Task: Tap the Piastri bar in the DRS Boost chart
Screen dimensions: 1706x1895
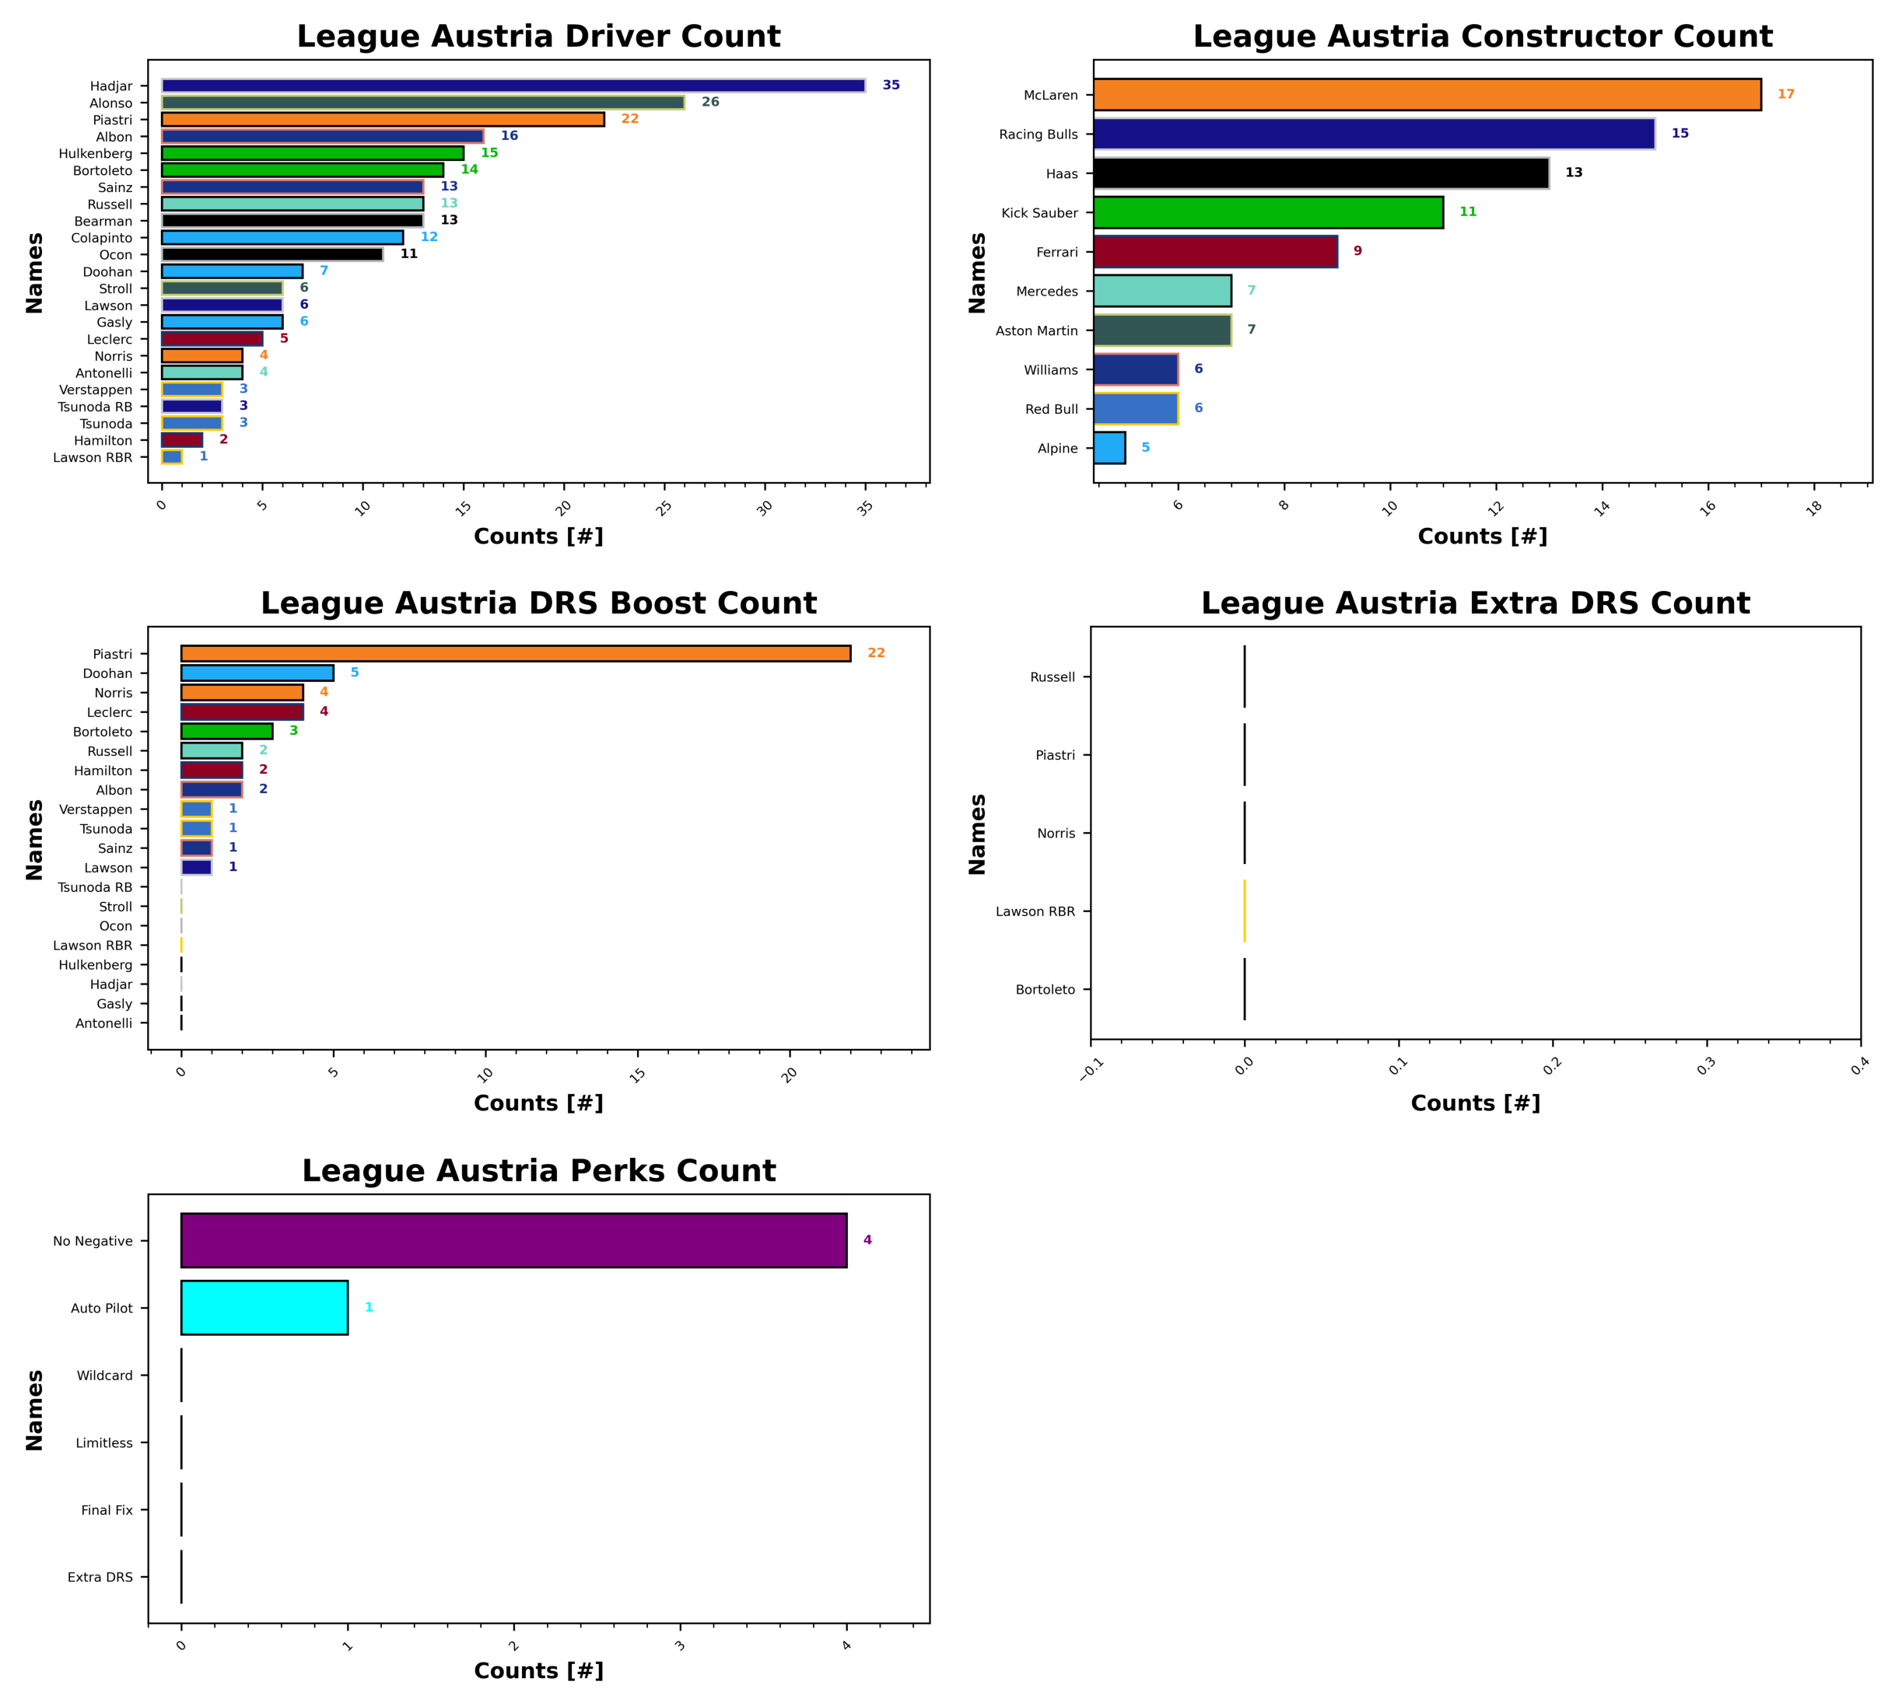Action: [516, 653]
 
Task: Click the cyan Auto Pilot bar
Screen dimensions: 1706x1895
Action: [264, 1308]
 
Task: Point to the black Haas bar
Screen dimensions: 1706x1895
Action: [1320, 173]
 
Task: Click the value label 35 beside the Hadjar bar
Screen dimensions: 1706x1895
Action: [891, 86]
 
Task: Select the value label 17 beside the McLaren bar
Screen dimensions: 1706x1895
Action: [1785, 95]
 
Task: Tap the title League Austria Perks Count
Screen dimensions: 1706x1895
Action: [538, 1171]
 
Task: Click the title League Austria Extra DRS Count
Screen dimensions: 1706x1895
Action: [1475, 603]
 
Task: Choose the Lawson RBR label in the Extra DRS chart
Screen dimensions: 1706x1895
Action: [1035, 911]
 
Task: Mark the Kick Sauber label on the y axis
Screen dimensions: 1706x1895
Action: [1039, 213]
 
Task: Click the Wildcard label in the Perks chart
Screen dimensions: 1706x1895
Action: [104, 1375]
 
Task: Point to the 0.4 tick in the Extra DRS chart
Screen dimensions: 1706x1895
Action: [1859, 1067]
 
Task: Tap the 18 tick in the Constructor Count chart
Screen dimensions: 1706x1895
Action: [1814, 508]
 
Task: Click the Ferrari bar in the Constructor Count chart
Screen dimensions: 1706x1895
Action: [1215, 252]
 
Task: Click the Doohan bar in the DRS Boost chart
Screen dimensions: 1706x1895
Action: [257, 673]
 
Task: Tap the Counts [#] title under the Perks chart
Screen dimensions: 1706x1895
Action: [538, 1670]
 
